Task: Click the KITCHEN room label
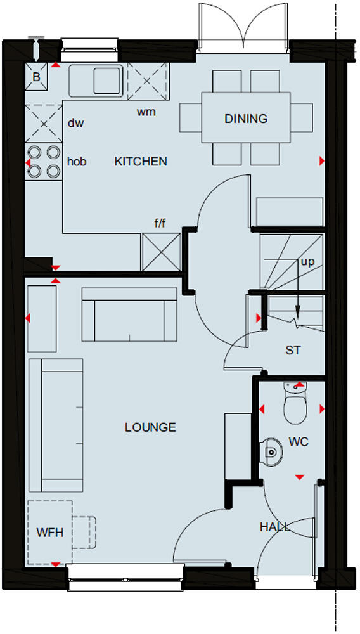pyautogui.click(x=141, y=162)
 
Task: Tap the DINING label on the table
pyautogui.click(x=246, y=119)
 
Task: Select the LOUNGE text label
pyautogui.click(x=150, y=427)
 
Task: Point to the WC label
pyautogui.click(x=299, y=442)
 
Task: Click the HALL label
pyautogui.click(x=275, y=527)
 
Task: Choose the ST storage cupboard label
pyautogui.click(x=293, y=350)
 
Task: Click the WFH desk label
pyautogui.click(x=49, y=533)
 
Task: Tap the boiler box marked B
pyautogui.click(x=36, y=77)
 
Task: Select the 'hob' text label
pyautogui.click(x=76, y=162)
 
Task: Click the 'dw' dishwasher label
pyautogui.click(x=76, y=123)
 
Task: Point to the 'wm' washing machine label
pyautogui.click(x=146, y=112)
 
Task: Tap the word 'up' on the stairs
pyautogui.click(x=307, y=261)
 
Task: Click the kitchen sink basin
pyautogui.click(x=108, y=81)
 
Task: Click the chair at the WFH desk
pyautogui.click(x=84, y=532)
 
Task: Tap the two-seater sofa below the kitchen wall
pyautogui.click(x=130, y=315)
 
